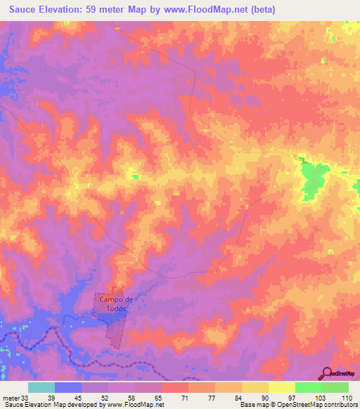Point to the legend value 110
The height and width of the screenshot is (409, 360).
point(347,397)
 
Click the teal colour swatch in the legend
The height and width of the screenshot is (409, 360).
point(41,387)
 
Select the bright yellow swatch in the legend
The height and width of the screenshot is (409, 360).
point(281,387)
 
